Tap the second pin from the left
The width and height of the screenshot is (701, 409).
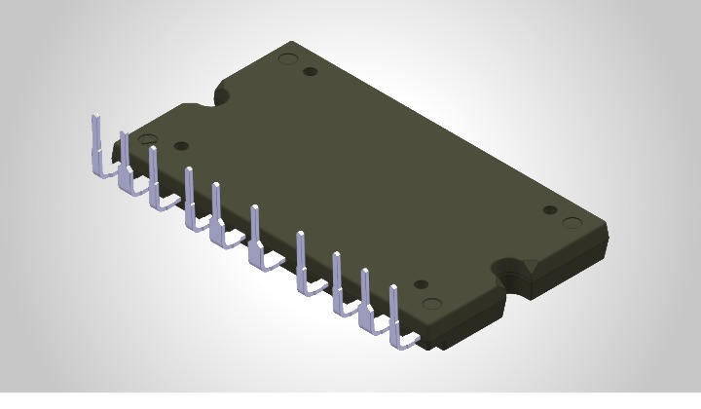(x=125, y=161)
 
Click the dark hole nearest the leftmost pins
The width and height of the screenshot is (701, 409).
(x=180, y=146)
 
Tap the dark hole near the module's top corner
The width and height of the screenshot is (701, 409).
(x=310, y=71)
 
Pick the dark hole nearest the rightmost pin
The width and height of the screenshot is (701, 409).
(x=421, y=284)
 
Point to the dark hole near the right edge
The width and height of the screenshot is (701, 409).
(x=549, y=210)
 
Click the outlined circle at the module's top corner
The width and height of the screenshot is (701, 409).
(x=287, y=58)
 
